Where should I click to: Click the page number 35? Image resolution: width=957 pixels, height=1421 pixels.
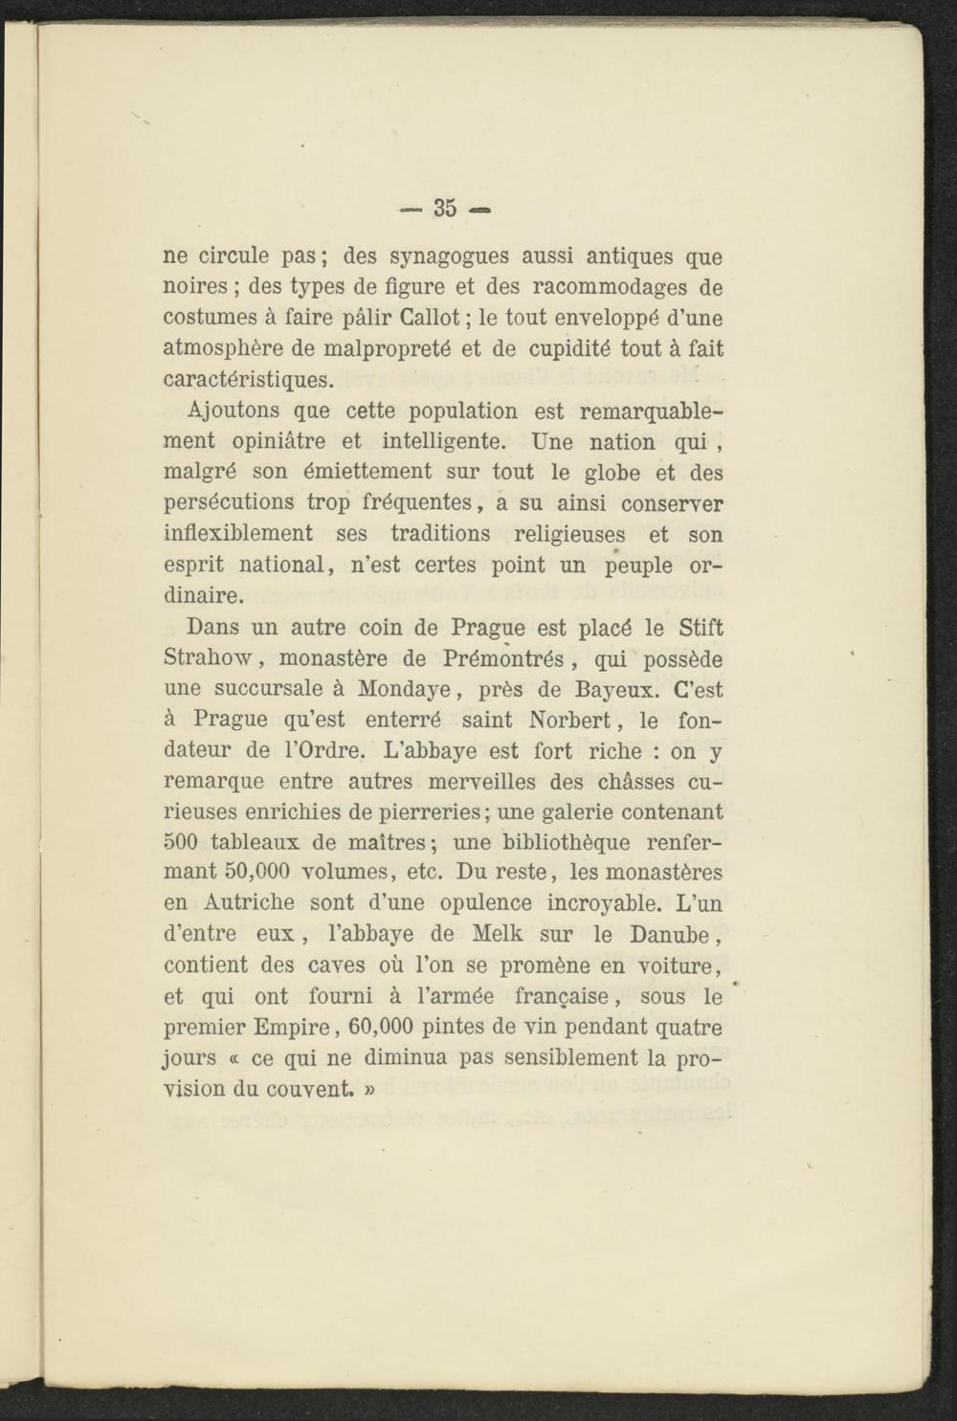444,208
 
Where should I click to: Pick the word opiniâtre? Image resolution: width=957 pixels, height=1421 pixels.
278,442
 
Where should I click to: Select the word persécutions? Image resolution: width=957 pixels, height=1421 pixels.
229,503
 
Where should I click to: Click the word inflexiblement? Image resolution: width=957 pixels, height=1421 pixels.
238,534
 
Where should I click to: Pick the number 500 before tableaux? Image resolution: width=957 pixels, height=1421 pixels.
181,843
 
